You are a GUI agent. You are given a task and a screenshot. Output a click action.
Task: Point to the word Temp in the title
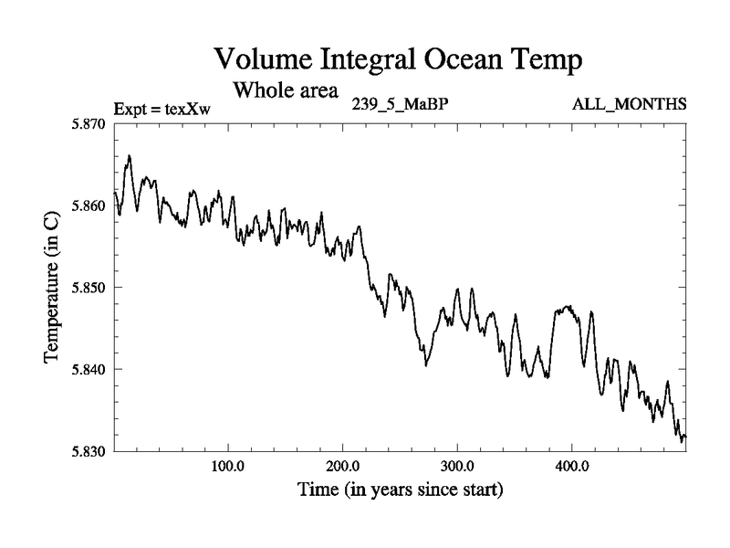[x=546, y=60]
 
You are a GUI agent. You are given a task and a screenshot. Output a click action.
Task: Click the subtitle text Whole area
[x=286, y=90]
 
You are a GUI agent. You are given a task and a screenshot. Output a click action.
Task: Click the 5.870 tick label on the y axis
[x=89, y=122]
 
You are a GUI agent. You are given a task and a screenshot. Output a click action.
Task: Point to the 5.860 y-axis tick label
[x=89, y=205]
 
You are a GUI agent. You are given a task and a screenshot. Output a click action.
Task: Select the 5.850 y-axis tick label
[x=89, y=287]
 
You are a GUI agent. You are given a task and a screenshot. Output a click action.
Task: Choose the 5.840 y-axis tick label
[x=89, y=369]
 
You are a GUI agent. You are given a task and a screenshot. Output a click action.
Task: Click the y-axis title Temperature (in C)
[x=53, y=286]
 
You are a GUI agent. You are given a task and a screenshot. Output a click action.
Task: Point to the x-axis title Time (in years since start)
[x=400, y=490]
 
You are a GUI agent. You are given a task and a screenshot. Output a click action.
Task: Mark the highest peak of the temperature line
[x=129, y=156]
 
